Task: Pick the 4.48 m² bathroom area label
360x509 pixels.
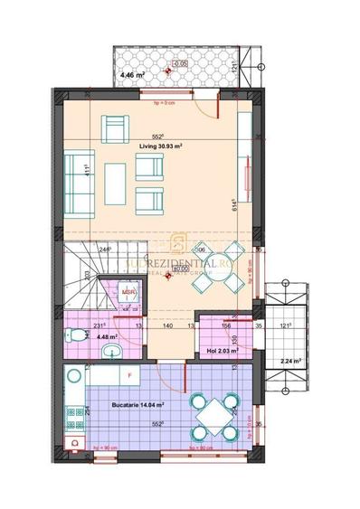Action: (x=83, y=335)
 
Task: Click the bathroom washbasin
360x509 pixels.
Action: (x=109, y=352)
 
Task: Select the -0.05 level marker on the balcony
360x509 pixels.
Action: (x=179, y=63)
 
